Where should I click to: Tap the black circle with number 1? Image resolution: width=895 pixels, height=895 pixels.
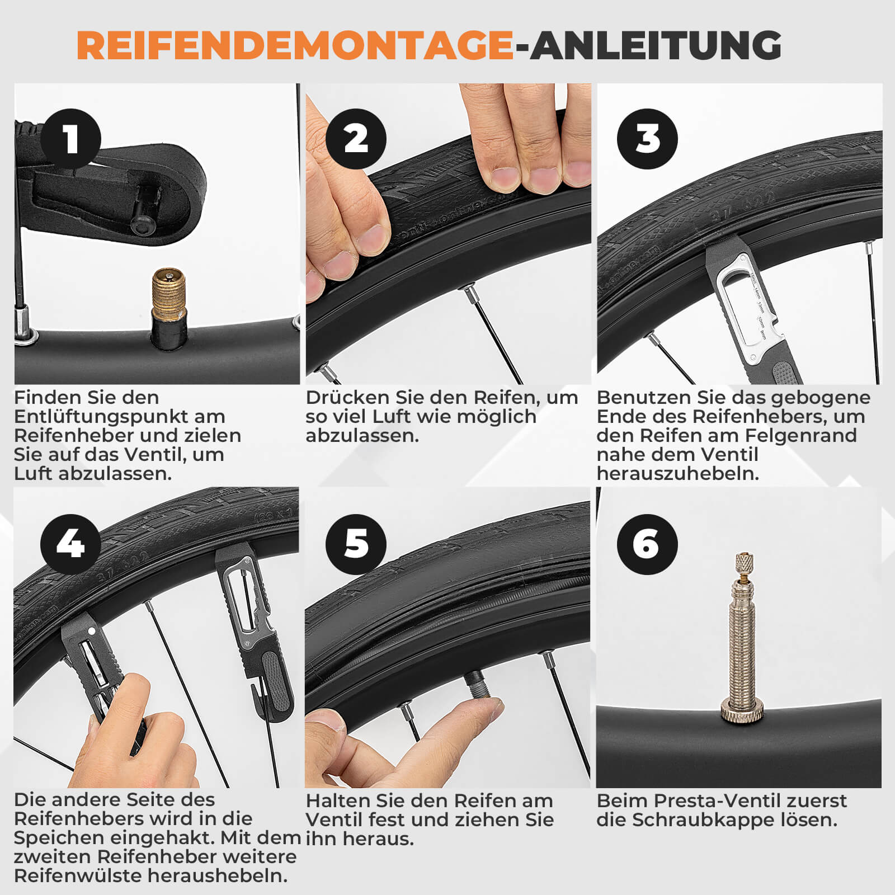coord(70,139)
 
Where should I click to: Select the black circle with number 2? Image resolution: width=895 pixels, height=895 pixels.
coord(356,139)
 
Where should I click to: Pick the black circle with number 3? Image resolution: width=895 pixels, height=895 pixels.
coord(647,139)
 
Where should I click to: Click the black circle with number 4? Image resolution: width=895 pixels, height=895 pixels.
coord(70,544)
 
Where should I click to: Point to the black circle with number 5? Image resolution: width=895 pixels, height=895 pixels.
coord(356,544)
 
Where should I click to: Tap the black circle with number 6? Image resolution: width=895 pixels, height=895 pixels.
coord(647,544)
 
